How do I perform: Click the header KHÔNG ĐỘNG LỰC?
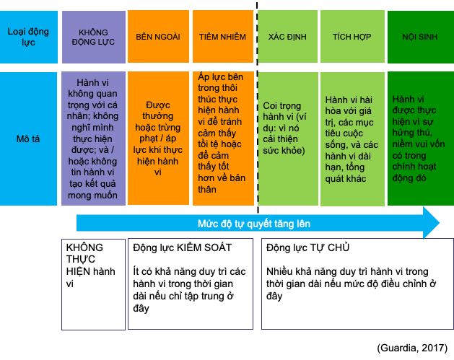tap(94, 37)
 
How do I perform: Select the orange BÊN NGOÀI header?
tap(158, 37)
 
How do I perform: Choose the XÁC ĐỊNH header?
tap(287, 37)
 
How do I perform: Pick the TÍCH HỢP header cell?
tap(351, 37)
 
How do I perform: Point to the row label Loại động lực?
tap(28, 37)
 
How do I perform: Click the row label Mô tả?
tap(28, 139)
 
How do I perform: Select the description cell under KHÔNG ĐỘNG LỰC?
tap(94, 139)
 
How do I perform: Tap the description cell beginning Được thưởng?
tap(158, 139)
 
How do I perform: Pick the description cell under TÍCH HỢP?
tap(351, 139)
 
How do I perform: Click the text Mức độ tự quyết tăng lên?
tap(253, 224)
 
